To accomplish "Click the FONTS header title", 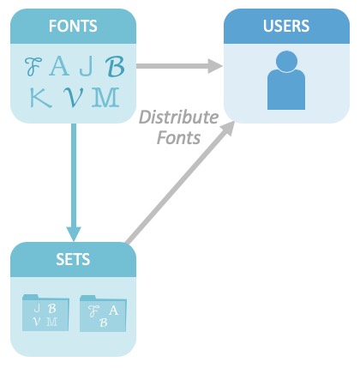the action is point(73,26).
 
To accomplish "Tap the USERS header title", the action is point(286,26).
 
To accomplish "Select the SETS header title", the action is point(73,259).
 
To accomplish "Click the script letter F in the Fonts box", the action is point(33,66).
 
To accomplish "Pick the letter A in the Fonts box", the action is point(59,66).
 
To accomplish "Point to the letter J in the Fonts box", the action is point(86,66).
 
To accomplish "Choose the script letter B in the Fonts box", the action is point(115,66).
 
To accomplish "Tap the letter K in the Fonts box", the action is point(41,98).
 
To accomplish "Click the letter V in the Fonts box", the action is point(73,98).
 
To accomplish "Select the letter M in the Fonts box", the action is point(105,98).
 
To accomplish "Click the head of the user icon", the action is point(286,61).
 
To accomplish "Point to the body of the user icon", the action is point(286,89).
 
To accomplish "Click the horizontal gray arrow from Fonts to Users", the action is point(179,66).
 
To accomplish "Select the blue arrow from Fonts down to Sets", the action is point(74,183).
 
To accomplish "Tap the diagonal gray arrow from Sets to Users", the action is point(180,183).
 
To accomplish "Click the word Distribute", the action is point(179,117).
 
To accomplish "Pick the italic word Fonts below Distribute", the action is point(178,137).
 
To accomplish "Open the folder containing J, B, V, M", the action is point(45,313).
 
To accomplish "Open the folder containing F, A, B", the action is point(103,314).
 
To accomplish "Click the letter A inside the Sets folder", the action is point(113,311).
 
